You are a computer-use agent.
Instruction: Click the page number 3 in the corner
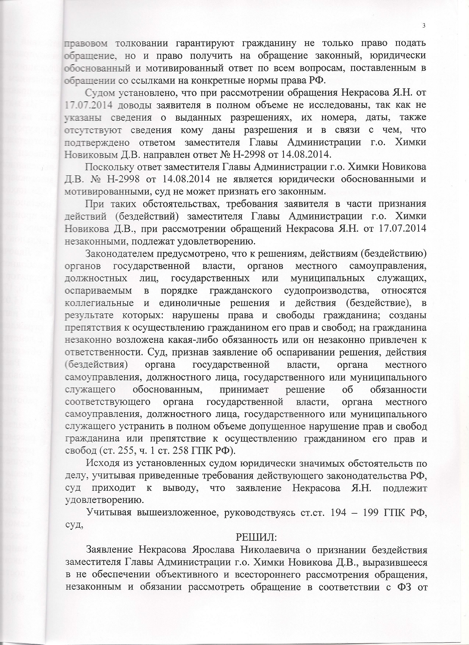[424, 25]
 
